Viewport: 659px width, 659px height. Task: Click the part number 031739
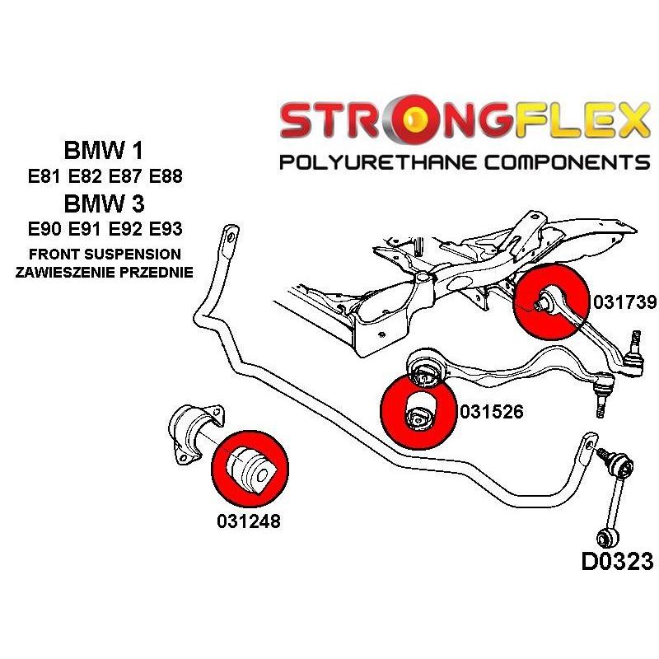(x=624, y=301)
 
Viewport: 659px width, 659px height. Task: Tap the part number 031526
(x=491, y=411)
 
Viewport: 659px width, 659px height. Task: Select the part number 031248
(x=249, y=521)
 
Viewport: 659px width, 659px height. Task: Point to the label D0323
(x=617, y=561)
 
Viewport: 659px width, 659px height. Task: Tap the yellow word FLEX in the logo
(x=582, y=119)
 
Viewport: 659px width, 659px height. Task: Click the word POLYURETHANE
(x=378, y=162)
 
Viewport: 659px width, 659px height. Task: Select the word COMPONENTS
(x=568, y=162)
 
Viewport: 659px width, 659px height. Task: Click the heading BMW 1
(x=104, y=150)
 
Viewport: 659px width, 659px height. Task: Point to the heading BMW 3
(x=104, y=203)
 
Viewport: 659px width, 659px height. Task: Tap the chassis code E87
(x=125, y=176)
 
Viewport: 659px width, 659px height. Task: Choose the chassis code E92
(x=125, y=229)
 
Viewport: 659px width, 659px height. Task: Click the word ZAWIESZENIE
(x=66, y=272)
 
